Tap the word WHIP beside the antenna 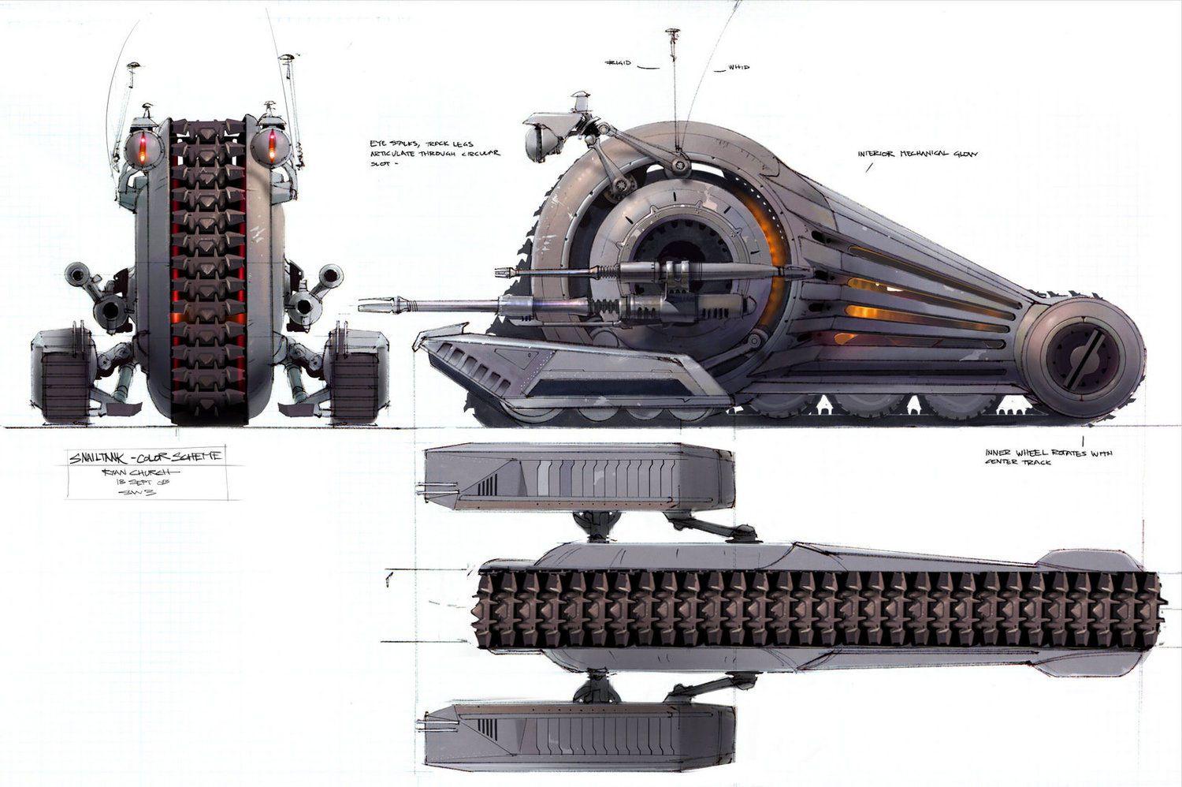point(738,68)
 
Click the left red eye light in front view point(143,146)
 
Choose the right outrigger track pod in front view point(355,377)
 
